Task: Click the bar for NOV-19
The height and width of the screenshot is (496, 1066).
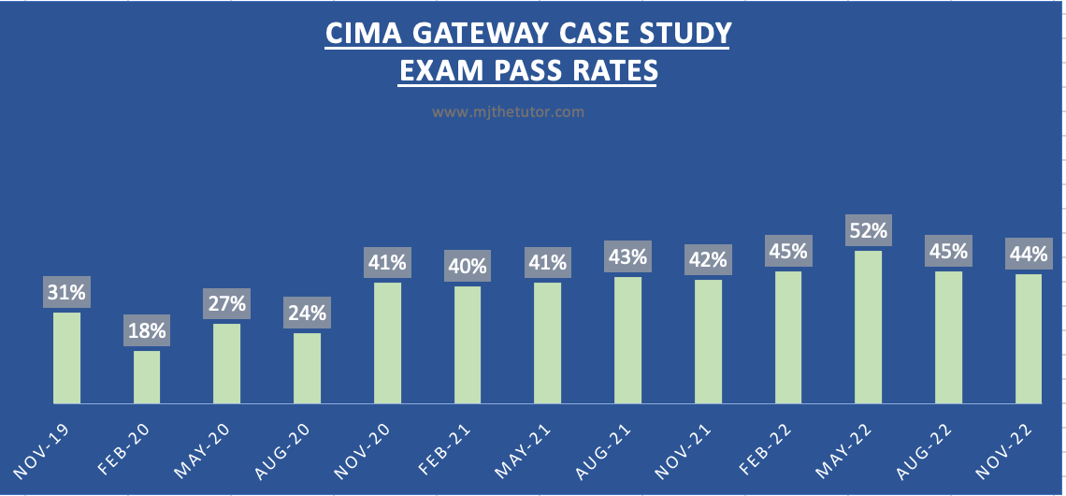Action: point(66,357)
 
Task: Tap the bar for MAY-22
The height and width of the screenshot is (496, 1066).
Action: point(868,327)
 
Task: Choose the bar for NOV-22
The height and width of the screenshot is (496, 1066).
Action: point(1028,339)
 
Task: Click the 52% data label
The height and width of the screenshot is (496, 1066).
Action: point(868,229)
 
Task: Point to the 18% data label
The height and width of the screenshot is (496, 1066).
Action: point(147,330)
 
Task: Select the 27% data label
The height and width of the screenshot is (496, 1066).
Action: point(227,303)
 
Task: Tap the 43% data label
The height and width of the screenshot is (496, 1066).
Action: point(627,255)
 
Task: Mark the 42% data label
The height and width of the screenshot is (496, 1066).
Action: point(708,259)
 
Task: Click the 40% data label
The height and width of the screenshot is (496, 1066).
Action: point(468,266)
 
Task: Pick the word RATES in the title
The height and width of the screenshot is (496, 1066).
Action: point(609,71)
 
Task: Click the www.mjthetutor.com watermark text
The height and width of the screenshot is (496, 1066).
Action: point(508,112)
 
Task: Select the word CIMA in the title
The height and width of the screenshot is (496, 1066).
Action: point(357,34)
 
